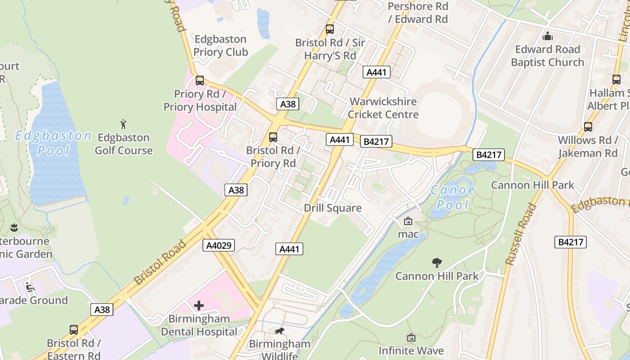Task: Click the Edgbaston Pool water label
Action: pos(53,143)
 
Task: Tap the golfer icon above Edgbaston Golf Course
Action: pos(124,124)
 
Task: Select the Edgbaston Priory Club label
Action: pos(220,45)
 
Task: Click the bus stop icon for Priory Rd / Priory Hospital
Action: pos(200,81)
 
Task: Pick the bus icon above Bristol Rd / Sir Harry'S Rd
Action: pos(330,29)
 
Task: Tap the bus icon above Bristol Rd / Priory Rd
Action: pos(273,137)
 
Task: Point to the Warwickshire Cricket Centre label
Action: pos(383,108)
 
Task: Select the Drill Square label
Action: pos(333,208)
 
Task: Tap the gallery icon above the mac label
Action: pos(408,221)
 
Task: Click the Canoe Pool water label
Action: pos(453,197)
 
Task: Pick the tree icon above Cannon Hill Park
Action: pos(436,262)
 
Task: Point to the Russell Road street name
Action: pos(521,234)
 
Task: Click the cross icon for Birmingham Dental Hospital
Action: pos(198,306)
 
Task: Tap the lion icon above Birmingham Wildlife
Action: pos(279,331)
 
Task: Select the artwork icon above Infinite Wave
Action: pos(411,337)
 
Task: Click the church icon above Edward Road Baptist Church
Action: pos(547,36)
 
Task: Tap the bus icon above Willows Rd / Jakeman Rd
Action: pos(588,126)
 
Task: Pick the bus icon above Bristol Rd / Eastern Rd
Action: pos(74,329)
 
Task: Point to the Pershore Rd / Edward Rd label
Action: pos(418,13)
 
